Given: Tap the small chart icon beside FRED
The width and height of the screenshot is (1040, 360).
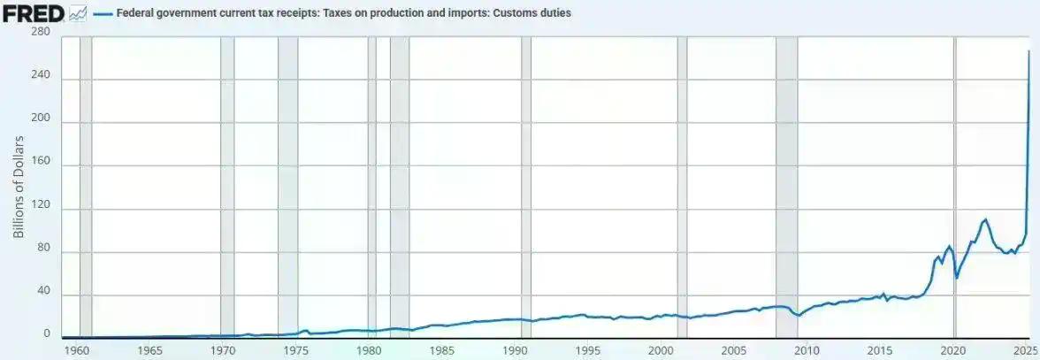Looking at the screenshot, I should [x=78, y=13].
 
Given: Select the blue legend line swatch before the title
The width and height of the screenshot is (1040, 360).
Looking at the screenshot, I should [x=103, y=13].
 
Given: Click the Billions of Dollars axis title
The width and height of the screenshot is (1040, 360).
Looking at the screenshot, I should [x=19, y=186].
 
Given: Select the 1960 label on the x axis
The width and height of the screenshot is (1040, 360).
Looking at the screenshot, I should [x=77, y=350].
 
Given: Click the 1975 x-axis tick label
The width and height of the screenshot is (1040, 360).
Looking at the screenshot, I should [x=296, y=350].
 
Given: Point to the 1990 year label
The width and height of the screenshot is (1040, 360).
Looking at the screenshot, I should [x=516, y=350].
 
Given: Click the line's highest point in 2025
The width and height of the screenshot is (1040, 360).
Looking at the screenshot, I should [x=1029, y=51].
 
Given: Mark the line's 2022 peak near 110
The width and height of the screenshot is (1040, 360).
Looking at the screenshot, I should [x=985, y=218].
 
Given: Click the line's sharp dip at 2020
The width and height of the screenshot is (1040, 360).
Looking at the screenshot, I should [x=957, y=278].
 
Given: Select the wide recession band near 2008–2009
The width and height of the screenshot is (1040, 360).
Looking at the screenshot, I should [x=786, y=186].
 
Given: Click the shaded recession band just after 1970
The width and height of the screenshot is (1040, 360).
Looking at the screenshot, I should [x=227, y=186].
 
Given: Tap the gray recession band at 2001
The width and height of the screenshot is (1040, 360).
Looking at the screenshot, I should [x=682, y=186].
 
